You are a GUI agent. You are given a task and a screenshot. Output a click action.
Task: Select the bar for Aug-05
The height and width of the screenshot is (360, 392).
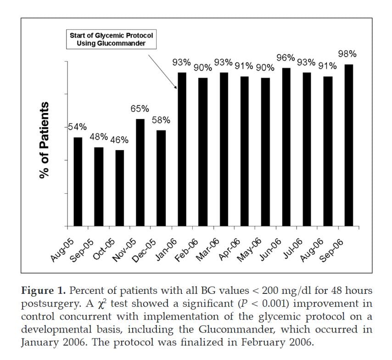[78, 182]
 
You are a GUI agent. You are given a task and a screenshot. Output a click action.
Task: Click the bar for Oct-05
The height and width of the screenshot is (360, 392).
[119, 188]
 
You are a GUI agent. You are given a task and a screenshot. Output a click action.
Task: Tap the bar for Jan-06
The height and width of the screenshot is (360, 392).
[182, 149]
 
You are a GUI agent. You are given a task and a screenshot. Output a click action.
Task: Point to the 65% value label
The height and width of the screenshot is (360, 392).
[140, 109]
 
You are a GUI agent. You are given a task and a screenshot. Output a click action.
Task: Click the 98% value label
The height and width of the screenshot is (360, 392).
[347, 54]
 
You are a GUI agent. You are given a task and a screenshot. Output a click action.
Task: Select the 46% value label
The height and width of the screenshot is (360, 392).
[119, 140]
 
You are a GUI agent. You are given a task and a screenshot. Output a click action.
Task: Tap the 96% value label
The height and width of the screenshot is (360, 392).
[285, 58]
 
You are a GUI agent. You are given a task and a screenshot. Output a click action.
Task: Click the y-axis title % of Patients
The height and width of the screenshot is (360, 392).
[45, 140]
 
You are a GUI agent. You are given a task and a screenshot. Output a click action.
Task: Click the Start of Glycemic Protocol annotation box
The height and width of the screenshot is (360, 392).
[111, 39]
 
